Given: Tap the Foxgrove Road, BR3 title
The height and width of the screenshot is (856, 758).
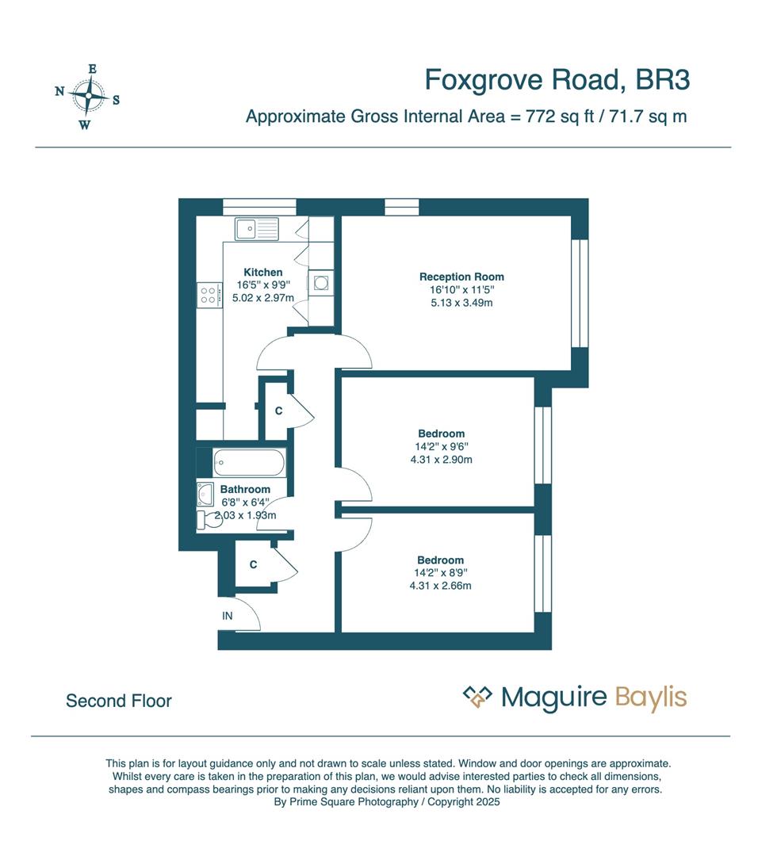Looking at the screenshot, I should (x=557, y=80).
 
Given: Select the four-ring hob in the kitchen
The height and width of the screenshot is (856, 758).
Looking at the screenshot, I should (x=210, y=296).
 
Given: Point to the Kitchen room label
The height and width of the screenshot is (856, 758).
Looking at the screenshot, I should (x=262, y=272).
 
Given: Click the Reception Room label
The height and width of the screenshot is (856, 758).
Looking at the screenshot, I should (x=461, y=277).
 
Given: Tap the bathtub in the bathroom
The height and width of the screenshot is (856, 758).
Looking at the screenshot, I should (x=248, y=462).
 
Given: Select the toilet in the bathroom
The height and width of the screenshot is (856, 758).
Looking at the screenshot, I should (x=208, y=518).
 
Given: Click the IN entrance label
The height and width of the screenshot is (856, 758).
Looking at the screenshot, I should (x=228, y=615).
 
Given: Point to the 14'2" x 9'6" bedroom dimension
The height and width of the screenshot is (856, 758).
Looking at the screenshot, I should (x=441, y=446).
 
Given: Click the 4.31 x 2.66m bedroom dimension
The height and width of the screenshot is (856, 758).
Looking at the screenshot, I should (x=440, y=586).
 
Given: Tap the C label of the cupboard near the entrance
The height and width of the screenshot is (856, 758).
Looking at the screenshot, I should (x=253, y=564).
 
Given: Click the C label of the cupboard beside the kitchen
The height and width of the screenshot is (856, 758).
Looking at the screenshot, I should (x=278, y=411).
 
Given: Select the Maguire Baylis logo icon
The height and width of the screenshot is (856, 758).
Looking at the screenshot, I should (x=477, y=697).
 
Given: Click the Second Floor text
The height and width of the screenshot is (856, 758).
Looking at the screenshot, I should (x=119, y=701).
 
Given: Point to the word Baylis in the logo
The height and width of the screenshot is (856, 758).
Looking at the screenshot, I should (x=650, y=698).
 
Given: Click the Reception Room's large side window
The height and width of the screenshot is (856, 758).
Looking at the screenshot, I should (x=580, y=292).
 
